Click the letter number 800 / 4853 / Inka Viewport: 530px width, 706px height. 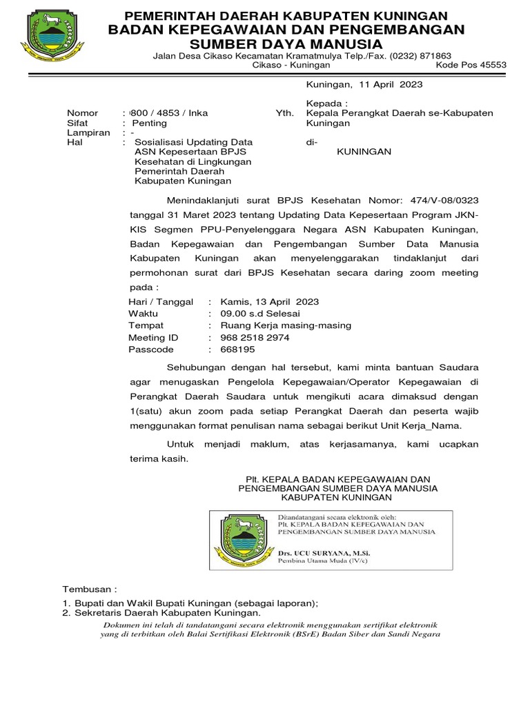point(166,113)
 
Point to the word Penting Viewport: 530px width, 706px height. point(150,123)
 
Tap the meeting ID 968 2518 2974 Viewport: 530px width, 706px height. point(255,338)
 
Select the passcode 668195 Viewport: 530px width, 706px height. point(237,350)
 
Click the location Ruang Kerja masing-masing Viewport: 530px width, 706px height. point(286,325)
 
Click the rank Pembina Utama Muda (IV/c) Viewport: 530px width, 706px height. point(318,562)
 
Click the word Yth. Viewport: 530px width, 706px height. point(285,113)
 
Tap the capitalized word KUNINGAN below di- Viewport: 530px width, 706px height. point(363,151)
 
